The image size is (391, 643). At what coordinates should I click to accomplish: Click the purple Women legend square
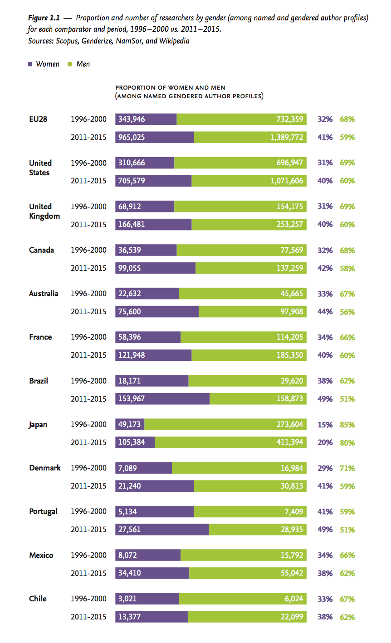coord(30,64)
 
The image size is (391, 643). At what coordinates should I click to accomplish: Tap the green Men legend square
coord(70,64)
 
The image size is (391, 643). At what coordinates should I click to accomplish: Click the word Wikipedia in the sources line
coord(174,41)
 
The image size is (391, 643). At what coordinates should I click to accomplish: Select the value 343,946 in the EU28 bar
coord(132,119)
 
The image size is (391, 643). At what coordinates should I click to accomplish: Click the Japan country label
coord(38,425)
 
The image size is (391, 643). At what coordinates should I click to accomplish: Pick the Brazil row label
coord(39,381)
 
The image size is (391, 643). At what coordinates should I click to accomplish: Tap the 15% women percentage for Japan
coord(325,425)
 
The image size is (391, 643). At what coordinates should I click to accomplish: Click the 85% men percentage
coord(347,425)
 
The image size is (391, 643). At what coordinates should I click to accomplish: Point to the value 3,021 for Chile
coord(127,599)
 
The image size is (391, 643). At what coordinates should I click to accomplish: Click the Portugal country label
coord(43,511)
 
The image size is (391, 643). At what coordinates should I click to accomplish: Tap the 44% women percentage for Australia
coord(325,312)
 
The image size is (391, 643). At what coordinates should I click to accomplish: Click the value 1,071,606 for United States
coord(287,181)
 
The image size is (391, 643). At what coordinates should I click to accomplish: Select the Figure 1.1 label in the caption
coord(44,18)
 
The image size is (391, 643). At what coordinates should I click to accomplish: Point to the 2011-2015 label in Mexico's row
coord(88,573)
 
